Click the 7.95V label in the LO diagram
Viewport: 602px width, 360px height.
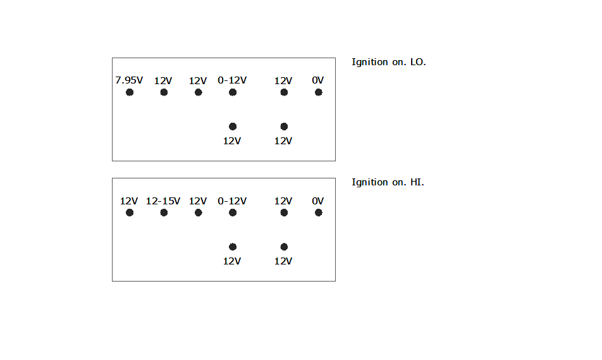pos(129,80)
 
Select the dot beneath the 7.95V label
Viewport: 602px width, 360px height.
pos(130,92)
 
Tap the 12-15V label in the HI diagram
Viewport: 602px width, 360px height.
pos(163,201)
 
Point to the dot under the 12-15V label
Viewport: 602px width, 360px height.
pos(164,213)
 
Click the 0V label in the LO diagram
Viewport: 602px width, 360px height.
pos(318,80)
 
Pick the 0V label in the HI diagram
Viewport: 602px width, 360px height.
pos(318,201)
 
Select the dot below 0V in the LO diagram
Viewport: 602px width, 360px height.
pos(319,92)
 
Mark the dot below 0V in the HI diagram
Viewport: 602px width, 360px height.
pos(319,213)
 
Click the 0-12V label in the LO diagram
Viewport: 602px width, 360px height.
pos(232,80)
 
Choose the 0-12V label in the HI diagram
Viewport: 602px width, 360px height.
pos(232,201)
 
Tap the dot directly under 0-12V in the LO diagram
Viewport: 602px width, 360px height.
pos(233,92)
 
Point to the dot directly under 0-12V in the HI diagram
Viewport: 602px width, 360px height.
pos(233,213)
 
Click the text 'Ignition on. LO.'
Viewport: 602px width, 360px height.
pos(389,62)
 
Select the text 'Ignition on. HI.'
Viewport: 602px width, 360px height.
pos(388,182)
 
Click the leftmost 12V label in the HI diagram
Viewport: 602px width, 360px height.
pos(129,201)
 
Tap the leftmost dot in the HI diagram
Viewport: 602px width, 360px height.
pos(130,213)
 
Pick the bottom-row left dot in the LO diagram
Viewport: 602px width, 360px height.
pos(233,127)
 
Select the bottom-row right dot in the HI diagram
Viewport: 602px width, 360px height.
pos(284,247)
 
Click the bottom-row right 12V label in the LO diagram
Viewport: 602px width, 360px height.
pos(283,141)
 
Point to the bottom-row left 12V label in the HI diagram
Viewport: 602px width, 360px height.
pos(232,261)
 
